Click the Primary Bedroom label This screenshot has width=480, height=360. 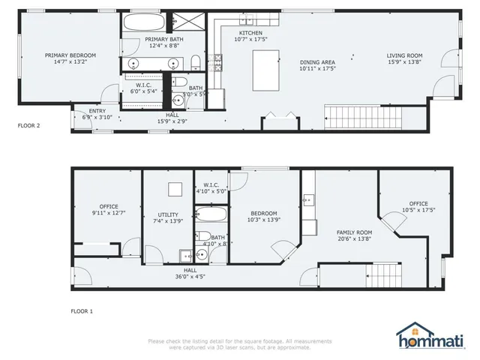[x=65, y=55]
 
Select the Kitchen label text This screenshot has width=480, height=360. [x=250, y=34]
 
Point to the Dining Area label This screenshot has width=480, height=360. [x=317, y=62]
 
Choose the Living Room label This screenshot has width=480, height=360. [x=404, y=55]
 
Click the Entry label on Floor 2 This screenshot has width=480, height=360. [x=87, y=110]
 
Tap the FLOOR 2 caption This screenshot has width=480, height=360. [x=28, y=126]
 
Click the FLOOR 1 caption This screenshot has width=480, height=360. [x=82, y=310]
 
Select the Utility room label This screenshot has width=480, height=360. [x=168, y=214]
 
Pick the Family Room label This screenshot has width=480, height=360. [x=353, y=232]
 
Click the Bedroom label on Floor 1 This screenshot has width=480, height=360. [x=263, y=212]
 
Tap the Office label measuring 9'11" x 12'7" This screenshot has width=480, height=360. [x=109, y=206]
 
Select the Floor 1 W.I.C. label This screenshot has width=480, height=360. [x=210, y=184]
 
